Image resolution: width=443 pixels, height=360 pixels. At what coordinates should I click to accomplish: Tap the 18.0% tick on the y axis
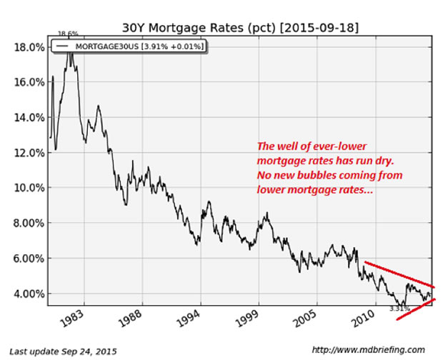click(x=29, y=46)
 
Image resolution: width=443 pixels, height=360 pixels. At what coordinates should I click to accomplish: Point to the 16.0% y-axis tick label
click(x=29, y=82)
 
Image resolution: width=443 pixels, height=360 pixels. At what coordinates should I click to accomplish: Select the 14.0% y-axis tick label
click(x=29, y=117)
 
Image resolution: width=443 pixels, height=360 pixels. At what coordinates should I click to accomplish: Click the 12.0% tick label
click(x=29, y=152)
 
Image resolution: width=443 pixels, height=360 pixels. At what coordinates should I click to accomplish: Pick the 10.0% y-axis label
click(x=29, y=188)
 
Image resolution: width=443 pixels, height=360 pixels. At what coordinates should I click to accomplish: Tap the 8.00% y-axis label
click(x=29, y=223)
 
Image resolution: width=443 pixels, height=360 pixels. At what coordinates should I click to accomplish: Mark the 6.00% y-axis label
click(x=29, y=258)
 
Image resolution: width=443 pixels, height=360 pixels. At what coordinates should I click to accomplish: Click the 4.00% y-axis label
click(x=29, y=294)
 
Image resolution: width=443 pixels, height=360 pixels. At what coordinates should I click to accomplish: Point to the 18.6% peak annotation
click(x=69, y=34)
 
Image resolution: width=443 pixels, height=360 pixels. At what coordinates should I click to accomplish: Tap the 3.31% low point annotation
click(x=399, y=308)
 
